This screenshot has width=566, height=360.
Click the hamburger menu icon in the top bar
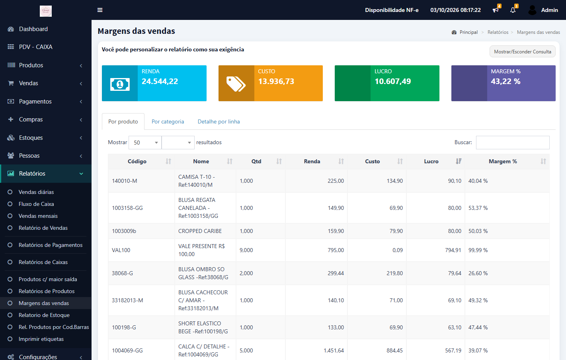point(100,10)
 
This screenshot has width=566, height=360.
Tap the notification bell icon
point(513,10)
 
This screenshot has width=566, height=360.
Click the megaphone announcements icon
point(495,10)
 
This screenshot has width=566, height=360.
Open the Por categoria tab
point(168,121)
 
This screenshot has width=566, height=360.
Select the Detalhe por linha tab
point(219,121)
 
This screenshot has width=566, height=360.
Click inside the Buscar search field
point(512,143)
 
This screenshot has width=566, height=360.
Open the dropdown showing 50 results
point(145,143)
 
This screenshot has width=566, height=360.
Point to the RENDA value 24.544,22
point(160,81)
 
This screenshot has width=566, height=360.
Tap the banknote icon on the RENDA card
point(120,84)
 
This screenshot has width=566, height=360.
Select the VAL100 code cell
point(121,250)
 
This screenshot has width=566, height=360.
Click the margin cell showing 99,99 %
point(478,250)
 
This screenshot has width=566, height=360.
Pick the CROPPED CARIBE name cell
point(200,231)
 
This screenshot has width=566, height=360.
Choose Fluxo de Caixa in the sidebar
point(36,204)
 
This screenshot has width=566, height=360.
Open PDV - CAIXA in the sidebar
point(36,47)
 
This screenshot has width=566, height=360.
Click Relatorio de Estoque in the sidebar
point(44,315)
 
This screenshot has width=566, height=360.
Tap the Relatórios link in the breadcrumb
point(498,32)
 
